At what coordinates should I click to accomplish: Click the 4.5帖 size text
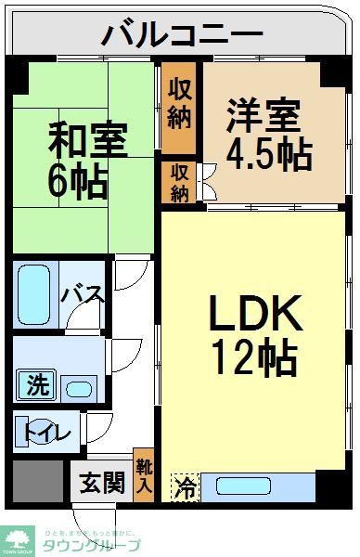(269, 154)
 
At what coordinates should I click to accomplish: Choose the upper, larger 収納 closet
(179, 106)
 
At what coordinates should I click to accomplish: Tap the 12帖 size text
(252, 357)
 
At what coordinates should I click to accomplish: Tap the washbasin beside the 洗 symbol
(79, 388)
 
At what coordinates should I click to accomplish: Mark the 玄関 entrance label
(102, 483)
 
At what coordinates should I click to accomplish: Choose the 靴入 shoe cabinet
(144, 478)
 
